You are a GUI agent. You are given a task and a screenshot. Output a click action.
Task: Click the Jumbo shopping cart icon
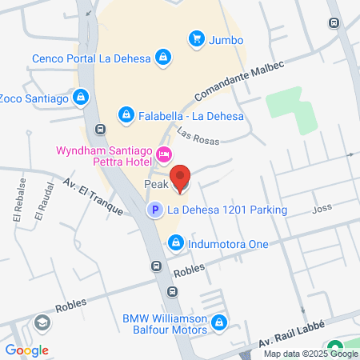point(196,38)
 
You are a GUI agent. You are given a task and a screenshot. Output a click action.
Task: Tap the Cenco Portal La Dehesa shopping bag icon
point(163,58)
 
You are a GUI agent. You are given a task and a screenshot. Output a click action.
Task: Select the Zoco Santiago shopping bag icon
point(80,98)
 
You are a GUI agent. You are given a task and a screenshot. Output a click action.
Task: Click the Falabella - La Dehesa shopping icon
point(126,116)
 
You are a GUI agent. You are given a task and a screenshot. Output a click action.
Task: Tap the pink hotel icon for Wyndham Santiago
point(164,154)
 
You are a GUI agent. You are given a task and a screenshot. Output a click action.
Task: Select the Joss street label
point(322,210)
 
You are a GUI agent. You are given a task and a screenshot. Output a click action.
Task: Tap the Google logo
point(26,350)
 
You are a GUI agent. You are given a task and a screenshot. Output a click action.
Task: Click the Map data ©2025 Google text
point(310,354)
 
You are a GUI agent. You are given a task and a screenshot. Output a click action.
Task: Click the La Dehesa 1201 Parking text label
point(226,210)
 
